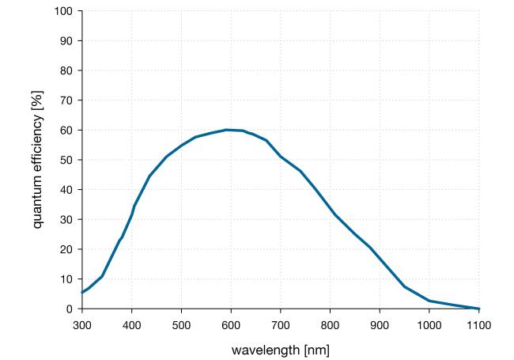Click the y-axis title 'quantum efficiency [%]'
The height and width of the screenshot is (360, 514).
[x=38, y=160]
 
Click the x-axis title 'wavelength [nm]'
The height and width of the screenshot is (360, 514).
[x=281, y=349]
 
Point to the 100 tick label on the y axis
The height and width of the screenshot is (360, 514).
[x=64, y=11]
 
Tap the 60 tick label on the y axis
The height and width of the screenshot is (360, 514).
[x=66, y=130]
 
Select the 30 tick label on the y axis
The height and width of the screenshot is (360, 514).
[x=66, y=219]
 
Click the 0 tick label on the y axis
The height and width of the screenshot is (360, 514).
[x=70, y=309]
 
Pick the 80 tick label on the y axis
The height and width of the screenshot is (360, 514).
[x=66, y=70]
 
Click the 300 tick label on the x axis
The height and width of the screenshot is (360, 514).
[x=82, y=324]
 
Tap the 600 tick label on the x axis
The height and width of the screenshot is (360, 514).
[x=231, y=324]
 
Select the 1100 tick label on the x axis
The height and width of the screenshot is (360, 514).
[x=479, y=324]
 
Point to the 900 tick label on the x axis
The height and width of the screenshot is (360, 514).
[x=380, y=324]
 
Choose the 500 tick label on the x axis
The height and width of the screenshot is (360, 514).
[x=181, y=324]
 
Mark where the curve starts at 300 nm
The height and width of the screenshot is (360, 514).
[x=82, y=293]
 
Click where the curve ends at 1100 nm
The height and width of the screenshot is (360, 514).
[x=479, y=309]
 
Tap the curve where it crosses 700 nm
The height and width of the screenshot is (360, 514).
[x=281, y=157]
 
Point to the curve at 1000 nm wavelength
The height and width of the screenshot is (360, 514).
[x=429, y=301]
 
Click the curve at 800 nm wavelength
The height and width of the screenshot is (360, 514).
[x=331, y=208]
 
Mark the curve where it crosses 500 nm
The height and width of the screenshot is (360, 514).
[x=181, y=146]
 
